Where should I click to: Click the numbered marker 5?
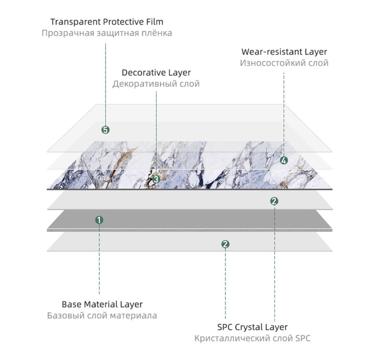106,130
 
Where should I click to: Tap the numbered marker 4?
284,161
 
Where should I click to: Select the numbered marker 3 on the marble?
157,179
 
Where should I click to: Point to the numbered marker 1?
99,220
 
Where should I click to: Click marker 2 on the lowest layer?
225,244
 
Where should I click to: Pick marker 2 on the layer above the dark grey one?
274,201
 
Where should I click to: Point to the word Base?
72,304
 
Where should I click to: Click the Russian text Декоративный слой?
156,84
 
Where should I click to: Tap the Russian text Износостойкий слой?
284,63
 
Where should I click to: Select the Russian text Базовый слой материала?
102,316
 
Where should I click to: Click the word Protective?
118,22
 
